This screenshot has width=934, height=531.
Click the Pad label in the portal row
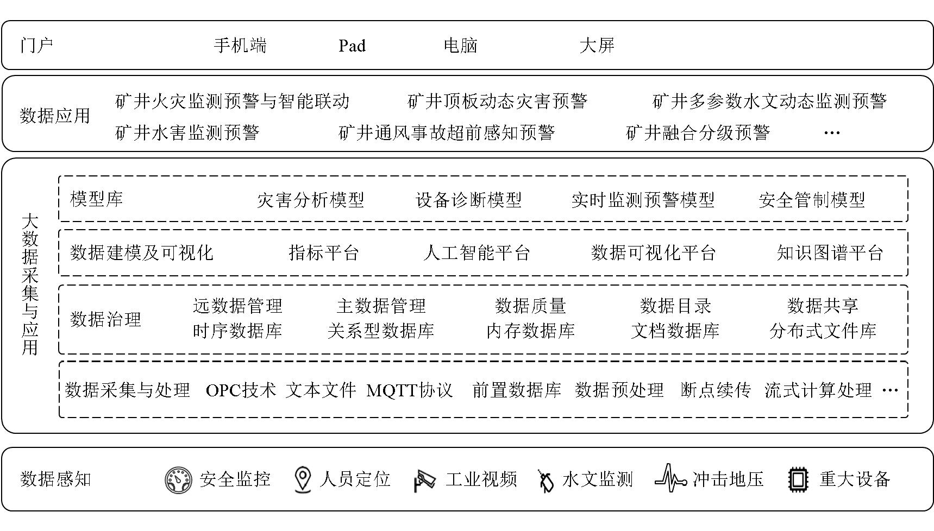(352, 46)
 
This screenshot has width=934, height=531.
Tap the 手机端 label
(240, 45)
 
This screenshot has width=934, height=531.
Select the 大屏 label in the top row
(597, 45)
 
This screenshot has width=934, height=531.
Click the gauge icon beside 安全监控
(179, 479)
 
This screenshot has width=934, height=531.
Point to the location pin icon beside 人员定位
(302, 479)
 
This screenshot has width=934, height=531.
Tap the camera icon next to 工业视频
(424, 480)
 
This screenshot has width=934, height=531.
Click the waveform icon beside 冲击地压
(671, 478)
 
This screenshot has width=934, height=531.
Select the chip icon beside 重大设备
(798, 479)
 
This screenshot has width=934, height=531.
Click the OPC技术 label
(241, 390)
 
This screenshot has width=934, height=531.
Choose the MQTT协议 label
(409, 390)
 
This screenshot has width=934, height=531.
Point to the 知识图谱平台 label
(830, 252)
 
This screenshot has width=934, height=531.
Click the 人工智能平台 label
(477, 252)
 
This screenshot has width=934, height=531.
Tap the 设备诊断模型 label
(468, 200)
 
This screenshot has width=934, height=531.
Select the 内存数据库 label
(530, 330)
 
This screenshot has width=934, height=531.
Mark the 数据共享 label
(823, 306)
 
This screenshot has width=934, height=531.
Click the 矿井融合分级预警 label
(698, 132)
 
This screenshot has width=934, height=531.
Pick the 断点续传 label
(716, 390)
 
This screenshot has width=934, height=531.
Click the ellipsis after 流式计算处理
(889, 390)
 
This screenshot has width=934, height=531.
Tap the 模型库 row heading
(97, 199)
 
